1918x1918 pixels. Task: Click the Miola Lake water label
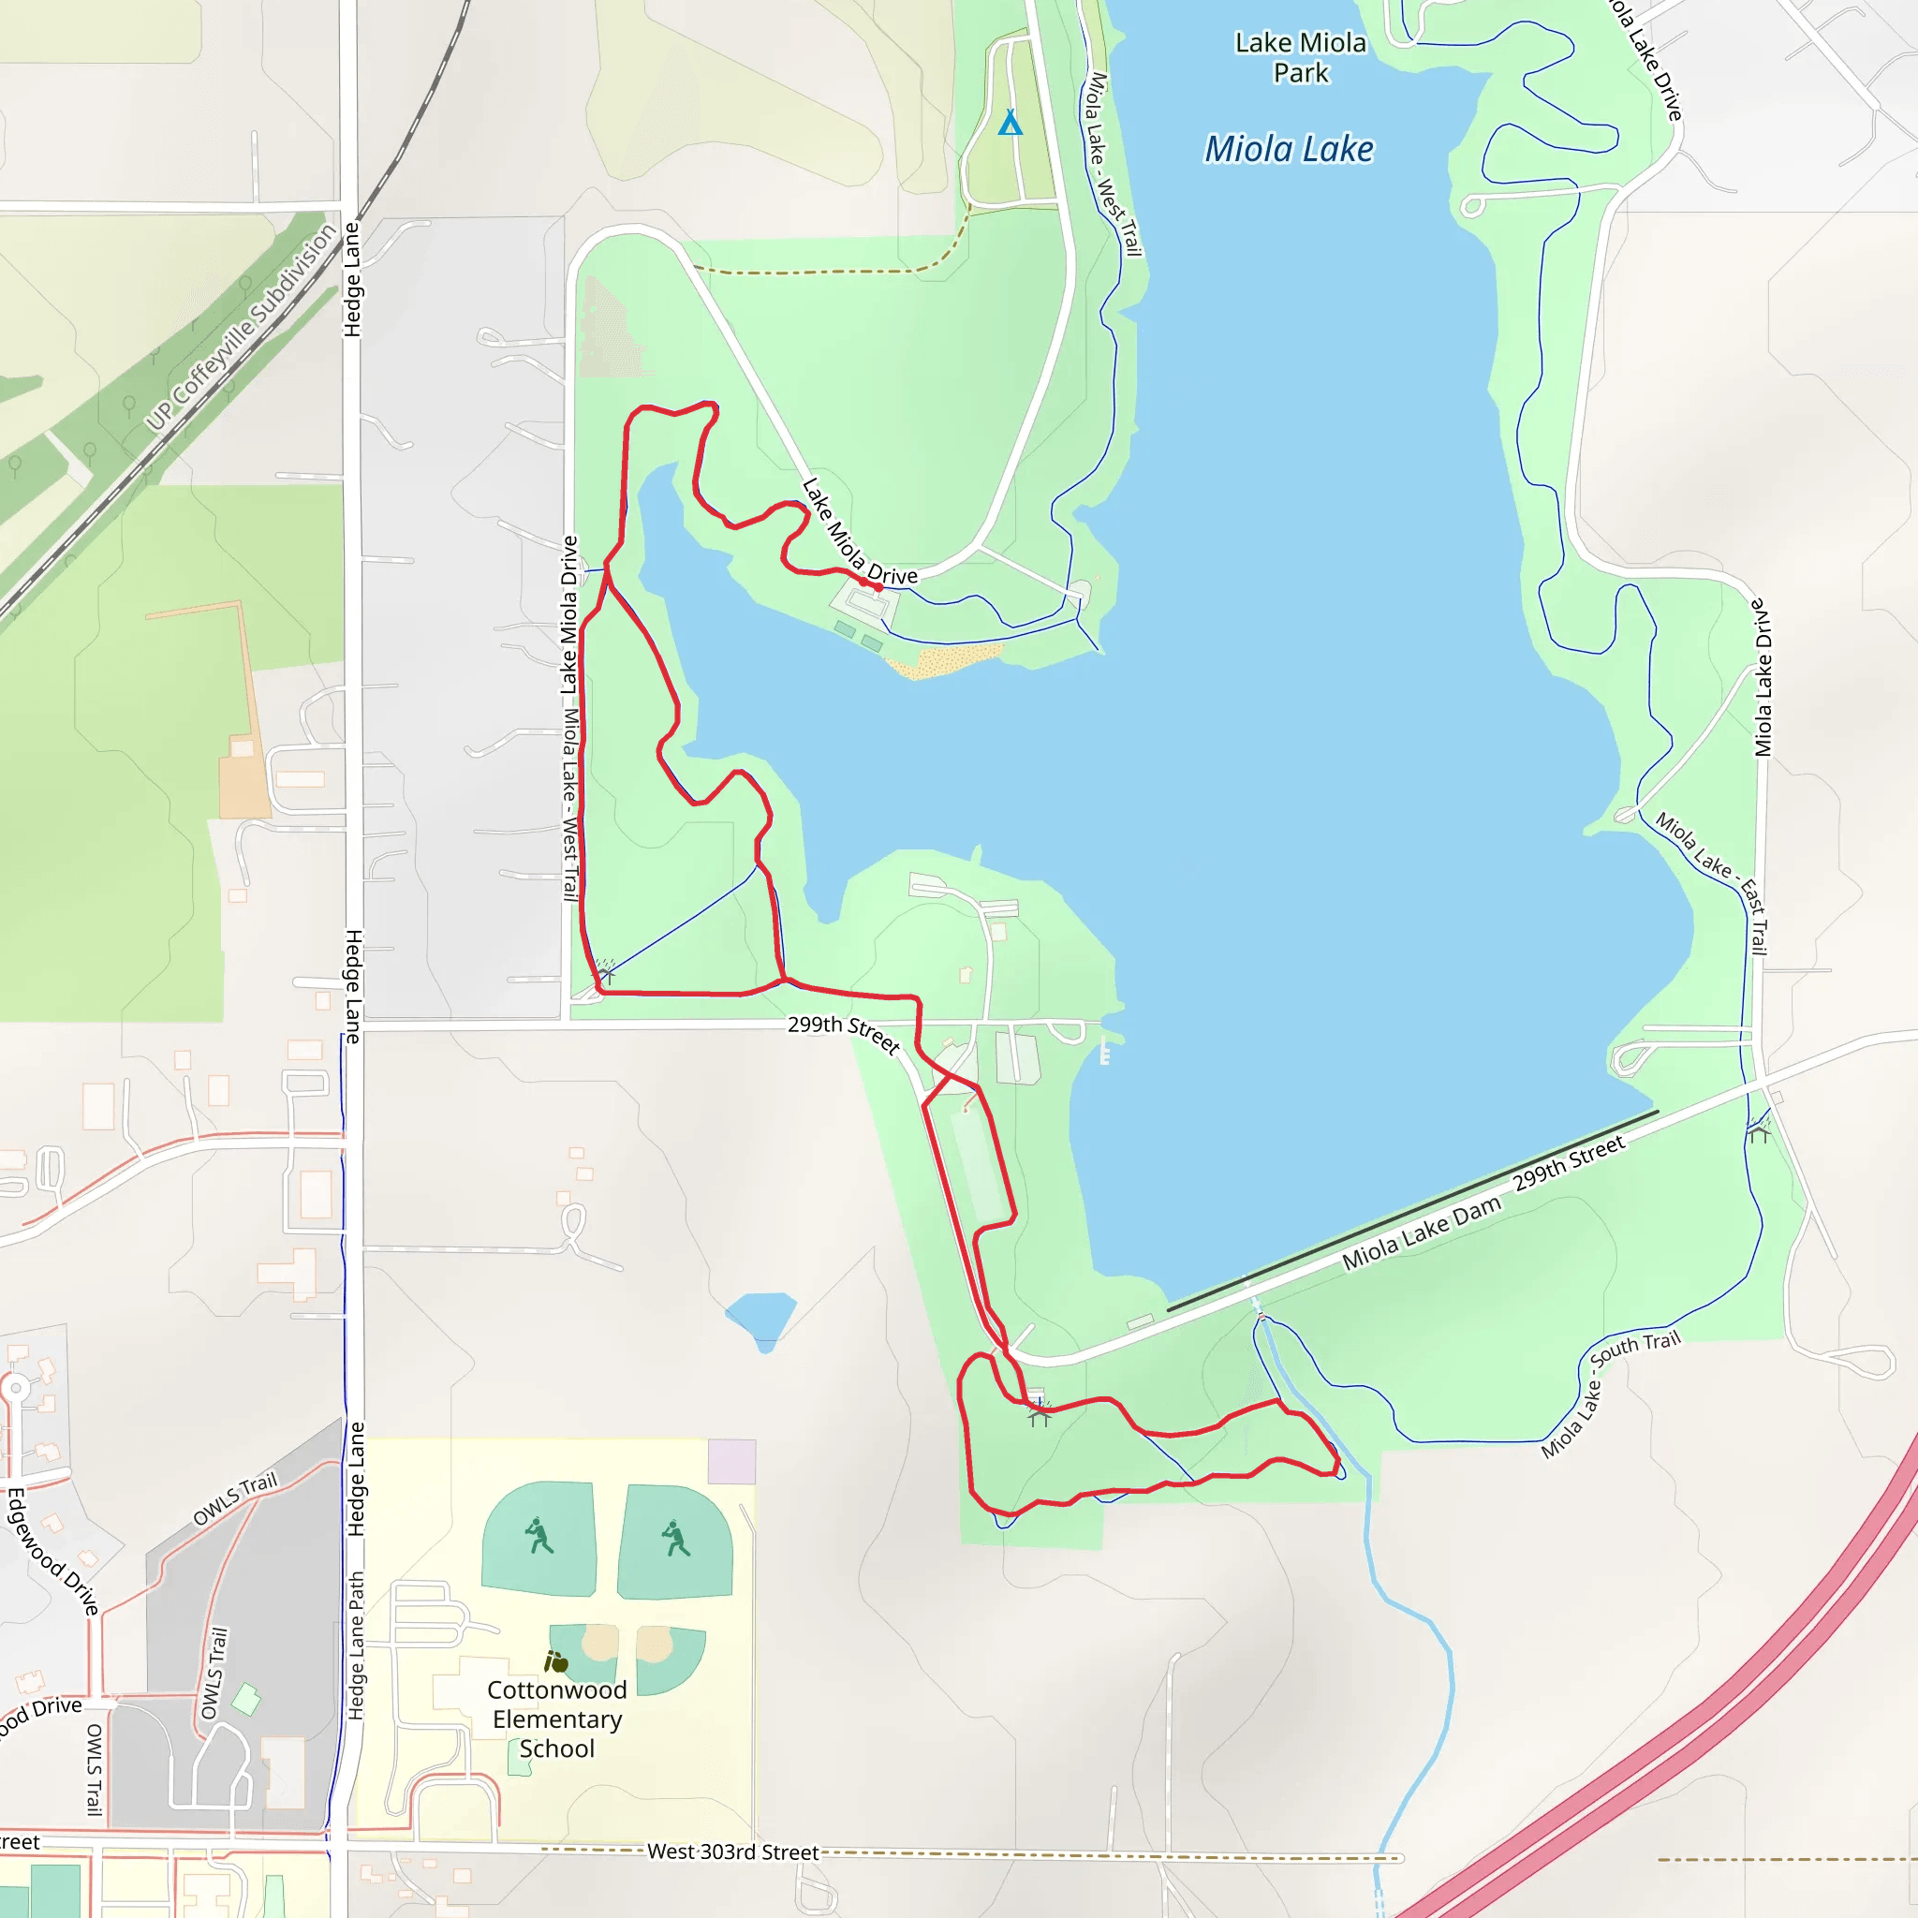click(x=1289, y=149)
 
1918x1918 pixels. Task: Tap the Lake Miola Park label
click(x=1301, y=57)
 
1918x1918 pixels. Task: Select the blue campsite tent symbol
click(x=1010, y=122)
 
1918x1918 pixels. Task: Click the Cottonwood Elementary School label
click(x=557, y=1719)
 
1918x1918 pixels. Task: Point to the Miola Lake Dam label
click(x=1421, y=1234)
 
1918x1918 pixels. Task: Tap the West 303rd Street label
click(x=732, y=1852)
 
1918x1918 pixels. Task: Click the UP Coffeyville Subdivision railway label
click(x=242, y=328)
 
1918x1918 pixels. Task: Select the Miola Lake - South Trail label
click(x=1609, y=1394)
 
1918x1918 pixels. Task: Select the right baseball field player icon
click(x=675, y=1539)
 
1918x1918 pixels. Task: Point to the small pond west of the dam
click(x=761, y=1318)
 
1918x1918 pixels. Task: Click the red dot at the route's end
click(x=878, y=588)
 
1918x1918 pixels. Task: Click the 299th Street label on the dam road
click(x=1569, y=1162)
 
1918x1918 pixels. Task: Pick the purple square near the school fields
click(x=731, y=1461)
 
